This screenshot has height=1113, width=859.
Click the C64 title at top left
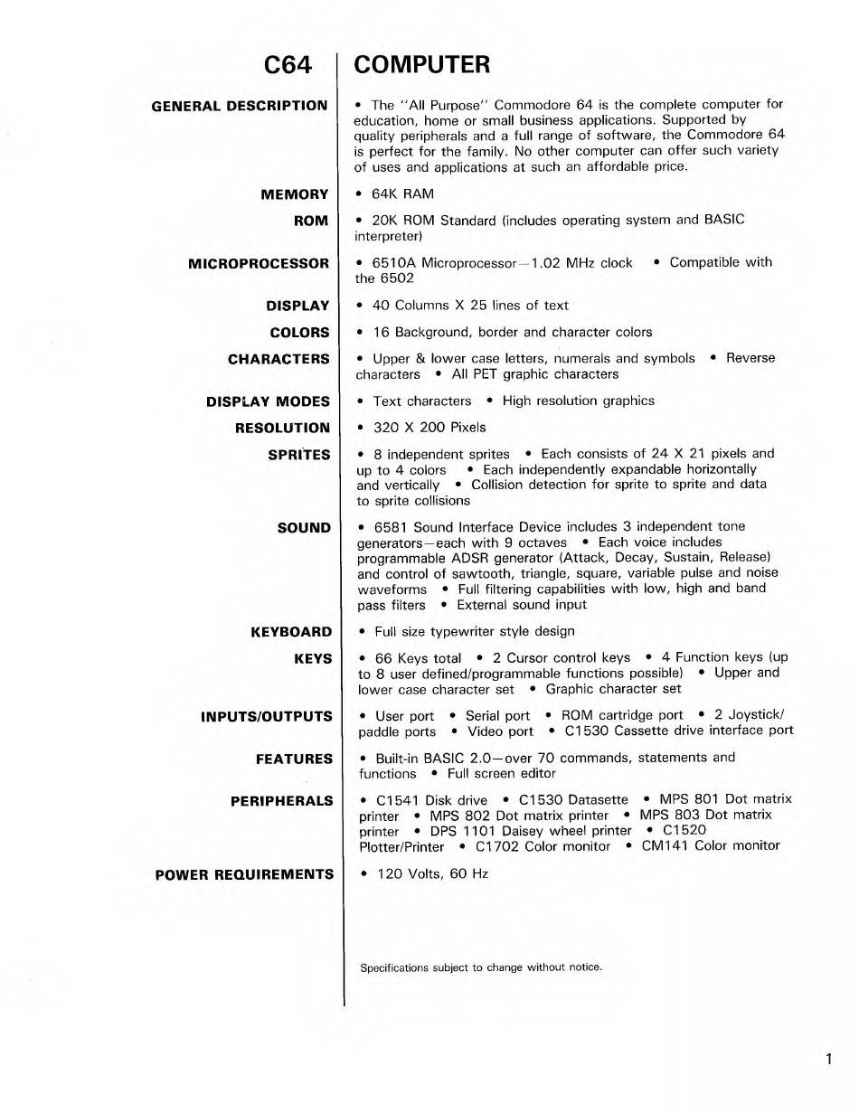click(x=288, y=65)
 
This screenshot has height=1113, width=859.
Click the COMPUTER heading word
click(x=422, y=65)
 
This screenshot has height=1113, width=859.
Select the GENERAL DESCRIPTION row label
click(x=240, y=106)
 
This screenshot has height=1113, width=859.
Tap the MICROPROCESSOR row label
click(x=259, y=264)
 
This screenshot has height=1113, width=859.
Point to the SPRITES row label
click(x=299, y=455)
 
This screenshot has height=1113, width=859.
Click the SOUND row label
click(x=305, y=528)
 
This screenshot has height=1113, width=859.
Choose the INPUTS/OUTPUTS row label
click(x=267, y=717)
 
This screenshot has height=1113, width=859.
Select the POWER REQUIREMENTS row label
click(x=244, y=874)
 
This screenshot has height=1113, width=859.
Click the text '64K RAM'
click(x=403, y=194)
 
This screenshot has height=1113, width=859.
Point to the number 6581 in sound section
click(x=392, y=527)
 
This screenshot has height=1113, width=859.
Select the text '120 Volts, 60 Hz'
click(x=432, y=874)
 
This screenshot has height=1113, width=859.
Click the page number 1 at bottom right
click(x=828, y=1060)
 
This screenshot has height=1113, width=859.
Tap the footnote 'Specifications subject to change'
click(x=481, y=967)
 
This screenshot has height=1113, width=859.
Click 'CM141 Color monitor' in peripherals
click(x=710, y=846)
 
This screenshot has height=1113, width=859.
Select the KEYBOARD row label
click(x=291, y=632)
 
